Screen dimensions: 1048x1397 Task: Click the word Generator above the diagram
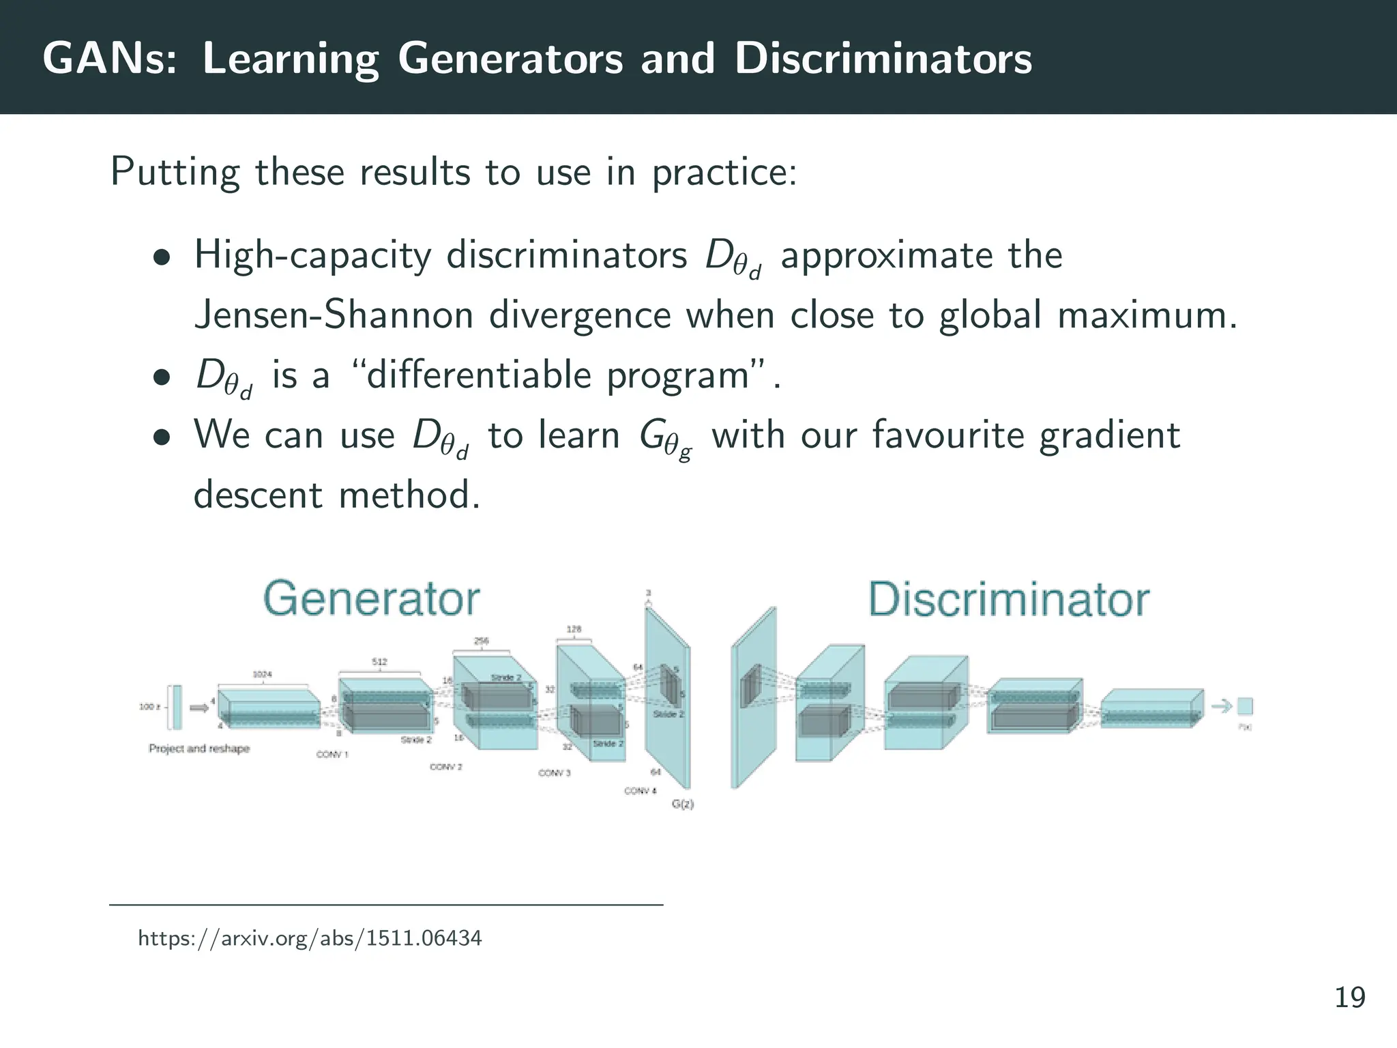(x=371, y=599)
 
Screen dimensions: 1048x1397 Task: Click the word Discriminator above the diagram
(x=1008, y=600)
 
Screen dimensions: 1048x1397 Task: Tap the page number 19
(x=1349, y=998)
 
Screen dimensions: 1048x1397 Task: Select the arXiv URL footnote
(x=310, y=938)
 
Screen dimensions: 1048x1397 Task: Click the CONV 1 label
(x=332, y=754)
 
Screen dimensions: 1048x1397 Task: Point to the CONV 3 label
(x=554, y=772)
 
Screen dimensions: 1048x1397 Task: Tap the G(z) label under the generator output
(x=682, y=804)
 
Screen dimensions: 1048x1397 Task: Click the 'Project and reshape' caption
(x=199, y=748)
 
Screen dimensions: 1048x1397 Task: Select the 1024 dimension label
(x=262, y=674)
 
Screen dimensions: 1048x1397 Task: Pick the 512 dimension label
(x=379, y=661)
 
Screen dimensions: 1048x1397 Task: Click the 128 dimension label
(x=574, y=629)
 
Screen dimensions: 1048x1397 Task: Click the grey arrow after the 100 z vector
(x=198, y=708)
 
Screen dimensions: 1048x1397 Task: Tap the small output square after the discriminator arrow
(x=1245, y=705)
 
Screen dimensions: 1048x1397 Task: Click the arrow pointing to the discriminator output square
(x=1222, y=705)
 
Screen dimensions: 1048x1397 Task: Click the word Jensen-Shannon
(x=334, y=316)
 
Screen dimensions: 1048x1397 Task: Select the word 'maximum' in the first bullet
(x=1146, y=316)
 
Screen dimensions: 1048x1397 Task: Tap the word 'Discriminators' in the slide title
(x=883, y=59)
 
